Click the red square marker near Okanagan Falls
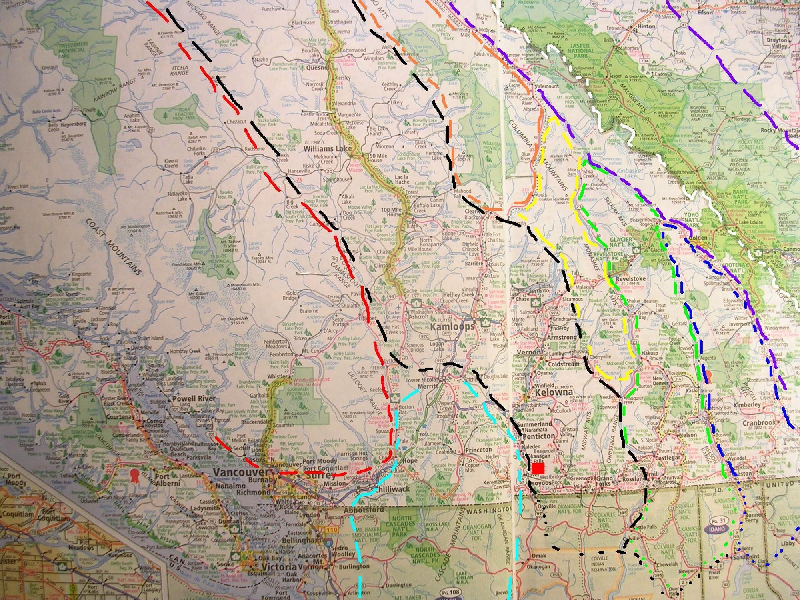(538, 468)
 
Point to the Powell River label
(194, 398)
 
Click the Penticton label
(539, 436)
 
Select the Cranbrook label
(759, 423)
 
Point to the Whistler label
(278, 377)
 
